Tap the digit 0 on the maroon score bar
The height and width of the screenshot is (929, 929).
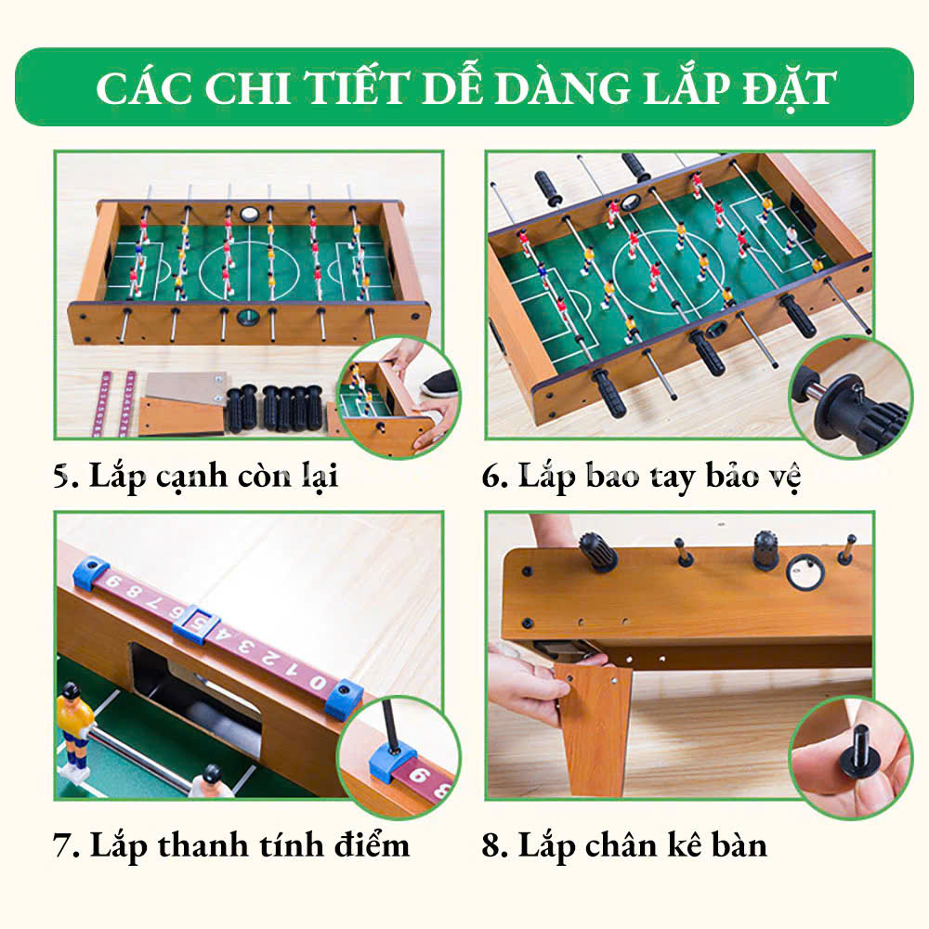(x=318, y=683)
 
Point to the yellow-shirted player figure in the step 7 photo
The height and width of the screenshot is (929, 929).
(x=74, y=732)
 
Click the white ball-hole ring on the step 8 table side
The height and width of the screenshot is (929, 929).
(x=805, y=571)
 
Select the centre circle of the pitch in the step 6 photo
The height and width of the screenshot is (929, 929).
(x=668, y=263)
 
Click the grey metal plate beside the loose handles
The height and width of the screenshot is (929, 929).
(x=186, y=386)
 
